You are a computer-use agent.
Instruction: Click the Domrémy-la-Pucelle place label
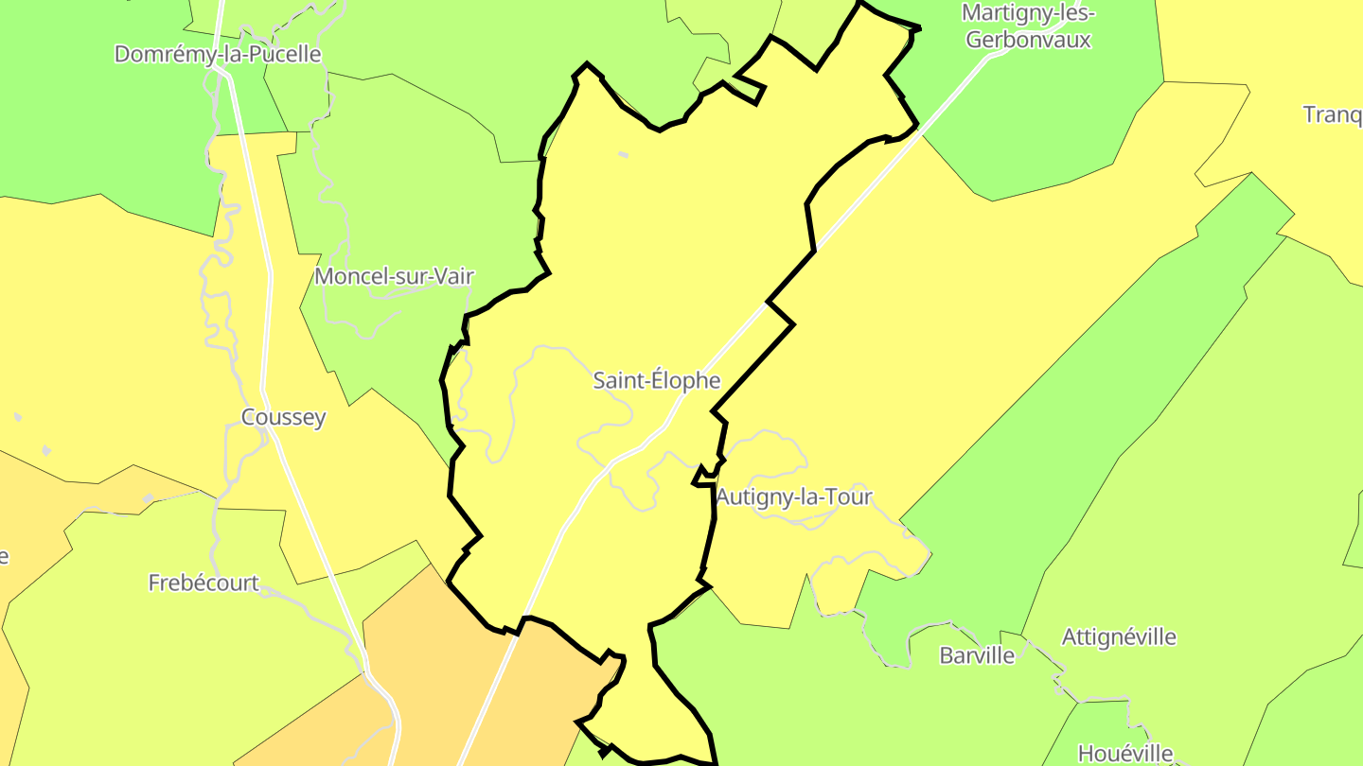(218, 54)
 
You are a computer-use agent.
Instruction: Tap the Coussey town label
(283, 417)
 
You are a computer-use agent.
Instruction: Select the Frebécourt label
(204, 583)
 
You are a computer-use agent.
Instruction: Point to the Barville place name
(977, 654)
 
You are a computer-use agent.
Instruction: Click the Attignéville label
(1119, 636)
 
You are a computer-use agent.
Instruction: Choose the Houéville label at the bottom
(1125, 754)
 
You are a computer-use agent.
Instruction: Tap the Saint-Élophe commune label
(657, 380)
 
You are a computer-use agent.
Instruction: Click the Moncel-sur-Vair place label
(394, 276)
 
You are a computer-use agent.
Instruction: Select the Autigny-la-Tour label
(794, 496)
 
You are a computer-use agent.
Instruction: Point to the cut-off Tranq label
(1332, 114)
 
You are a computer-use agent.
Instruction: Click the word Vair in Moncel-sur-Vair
(452, 276)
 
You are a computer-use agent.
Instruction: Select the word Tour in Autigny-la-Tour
(848, 496)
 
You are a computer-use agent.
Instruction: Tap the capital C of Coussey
(249, 417)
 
